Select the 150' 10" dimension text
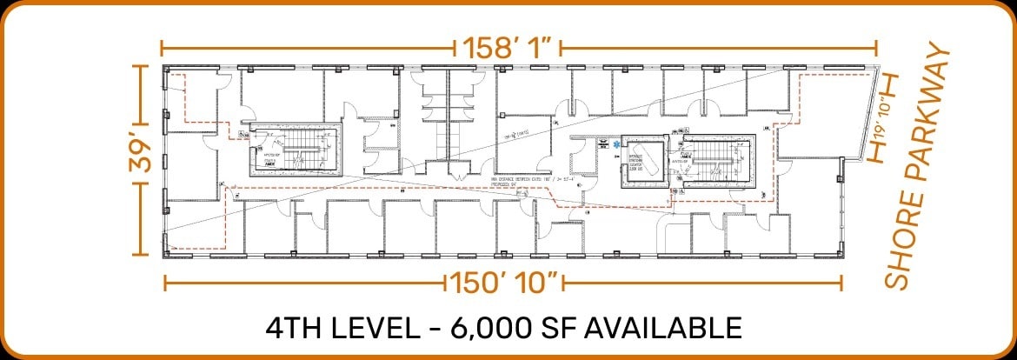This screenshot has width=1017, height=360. [503, 283]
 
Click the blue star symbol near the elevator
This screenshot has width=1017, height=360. [617, 145]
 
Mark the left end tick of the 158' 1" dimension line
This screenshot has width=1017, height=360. [162, 47]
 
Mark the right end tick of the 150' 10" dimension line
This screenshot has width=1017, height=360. [841, 283]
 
